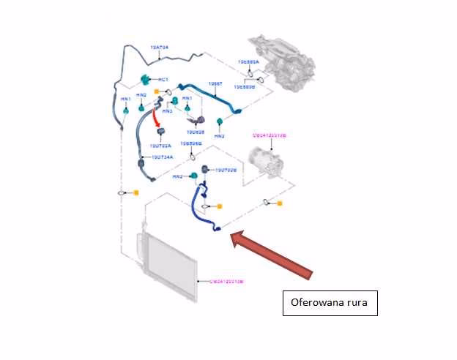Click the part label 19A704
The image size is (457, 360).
160,48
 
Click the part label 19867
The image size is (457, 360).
215,84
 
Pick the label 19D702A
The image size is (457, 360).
161,146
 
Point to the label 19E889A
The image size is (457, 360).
248,62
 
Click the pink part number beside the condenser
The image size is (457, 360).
226,282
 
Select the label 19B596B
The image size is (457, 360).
191,144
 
